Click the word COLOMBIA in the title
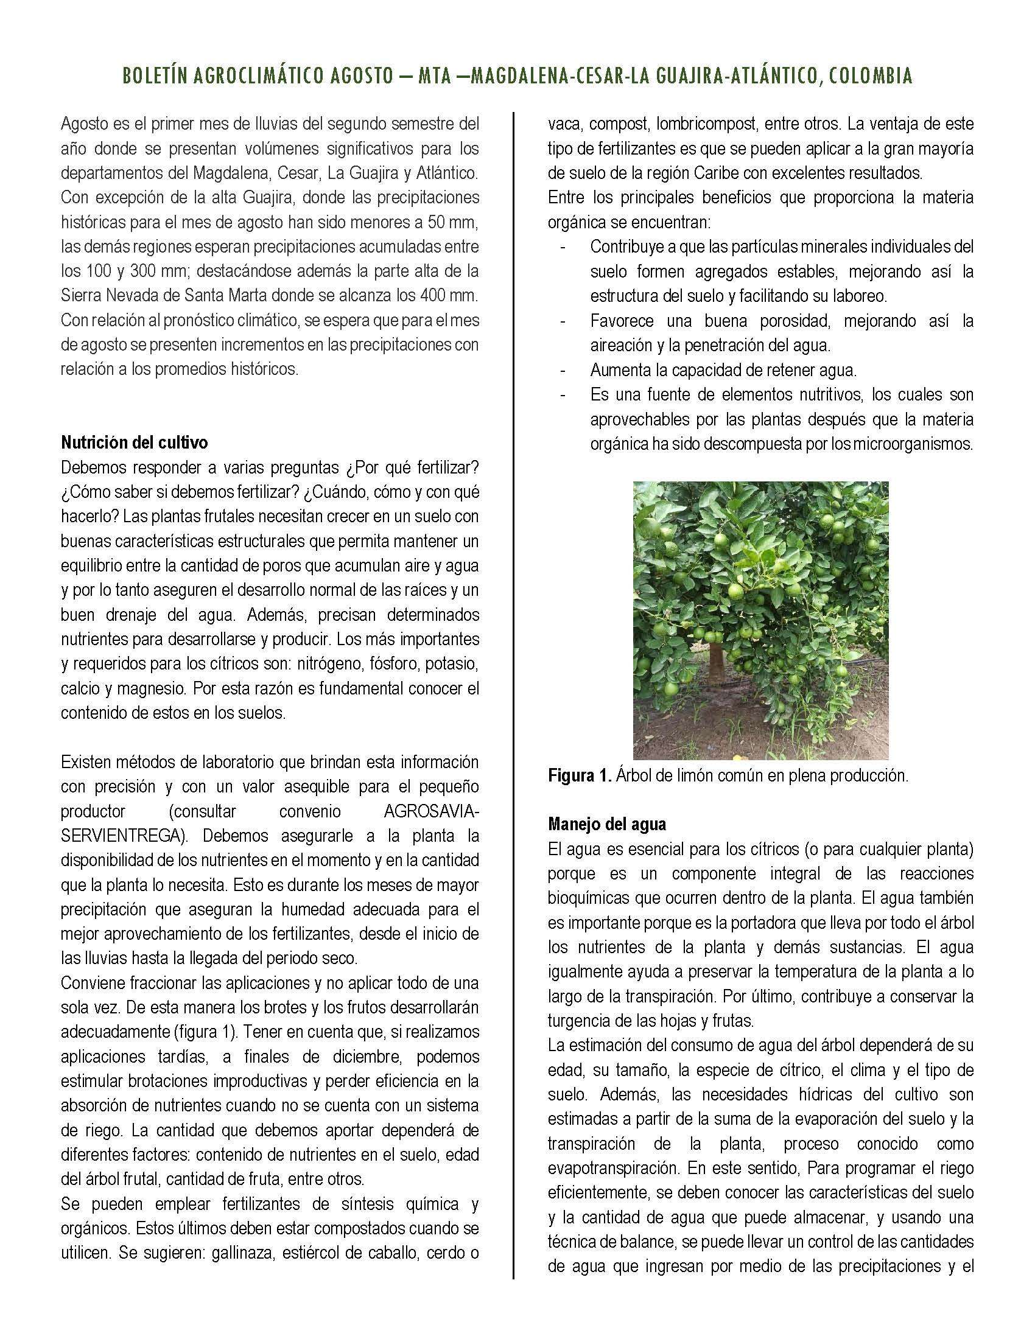[x=871, y=76]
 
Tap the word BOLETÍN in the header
[x=155, y=76]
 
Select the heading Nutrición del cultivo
[x=135, y=442]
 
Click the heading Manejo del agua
[x=606, y=823]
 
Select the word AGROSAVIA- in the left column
[x=431, y=811]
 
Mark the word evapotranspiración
[x=612, y=1168]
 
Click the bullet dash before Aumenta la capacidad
[x=563, y=370]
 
